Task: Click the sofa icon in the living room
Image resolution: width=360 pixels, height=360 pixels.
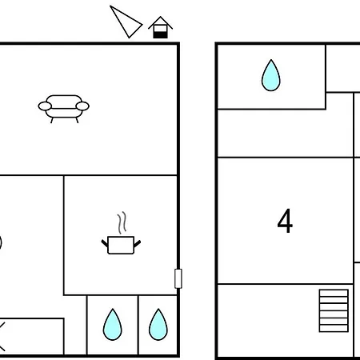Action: coord(63,109)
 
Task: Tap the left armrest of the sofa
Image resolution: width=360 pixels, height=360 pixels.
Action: coord(45,106)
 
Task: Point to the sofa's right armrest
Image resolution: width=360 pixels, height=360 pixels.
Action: coord(82,106)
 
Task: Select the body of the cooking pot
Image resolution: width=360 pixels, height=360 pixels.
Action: coord(121,245)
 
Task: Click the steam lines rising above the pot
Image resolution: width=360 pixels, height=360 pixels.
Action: coord(122,223)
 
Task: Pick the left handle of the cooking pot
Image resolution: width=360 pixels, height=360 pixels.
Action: coord(105,243)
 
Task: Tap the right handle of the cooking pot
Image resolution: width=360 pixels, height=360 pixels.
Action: coord(137,243)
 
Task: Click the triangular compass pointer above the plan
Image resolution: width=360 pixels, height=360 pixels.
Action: coord(125,22)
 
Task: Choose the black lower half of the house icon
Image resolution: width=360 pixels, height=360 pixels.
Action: coord(160,35)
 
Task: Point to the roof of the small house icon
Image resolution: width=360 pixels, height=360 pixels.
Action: coord(160,22)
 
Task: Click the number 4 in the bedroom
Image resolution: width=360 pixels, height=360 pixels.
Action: coord(285,221)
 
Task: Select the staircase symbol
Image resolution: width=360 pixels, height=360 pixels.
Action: coord(334,310)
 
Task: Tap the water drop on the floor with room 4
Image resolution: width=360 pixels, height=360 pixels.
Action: coord(271,75)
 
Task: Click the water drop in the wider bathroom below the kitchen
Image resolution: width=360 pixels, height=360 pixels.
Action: coord(113,325)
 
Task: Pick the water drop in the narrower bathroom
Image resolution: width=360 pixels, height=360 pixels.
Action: coord(158,325)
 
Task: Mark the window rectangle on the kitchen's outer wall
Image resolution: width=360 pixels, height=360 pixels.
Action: coord(178,278)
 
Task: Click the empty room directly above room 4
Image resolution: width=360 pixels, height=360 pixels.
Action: coord(286,134)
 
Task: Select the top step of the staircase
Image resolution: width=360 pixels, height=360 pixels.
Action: coord(334,293)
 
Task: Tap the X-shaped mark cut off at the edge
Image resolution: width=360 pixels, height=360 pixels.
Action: coord(2,337)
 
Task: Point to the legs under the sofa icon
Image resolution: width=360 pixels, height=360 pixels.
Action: coord(64,120)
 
